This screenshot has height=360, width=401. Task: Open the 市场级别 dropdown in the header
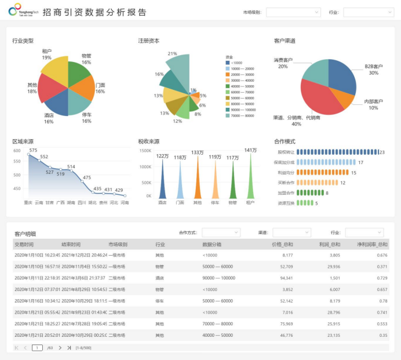click(x=293, y=12)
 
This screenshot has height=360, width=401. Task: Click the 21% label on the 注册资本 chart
click(x=172, y=53)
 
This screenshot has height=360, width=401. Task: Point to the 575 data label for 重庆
click(x=33, y=150)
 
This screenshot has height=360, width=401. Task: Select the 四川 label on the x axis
click(x=82, y=203)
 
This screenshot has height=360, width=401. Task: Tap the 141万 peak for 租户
click(x=250, y=150)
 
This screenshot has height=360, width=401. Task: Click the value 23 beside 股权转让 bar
click(x=382, y=152)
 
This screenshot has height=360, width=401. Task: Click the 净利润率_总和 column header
click(x=374, y=245)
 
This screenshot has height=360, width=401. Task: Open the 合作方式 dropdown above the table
click(x=220, y=232)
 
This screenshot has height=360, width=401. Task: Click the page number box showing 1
click(x=37, y=348)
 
